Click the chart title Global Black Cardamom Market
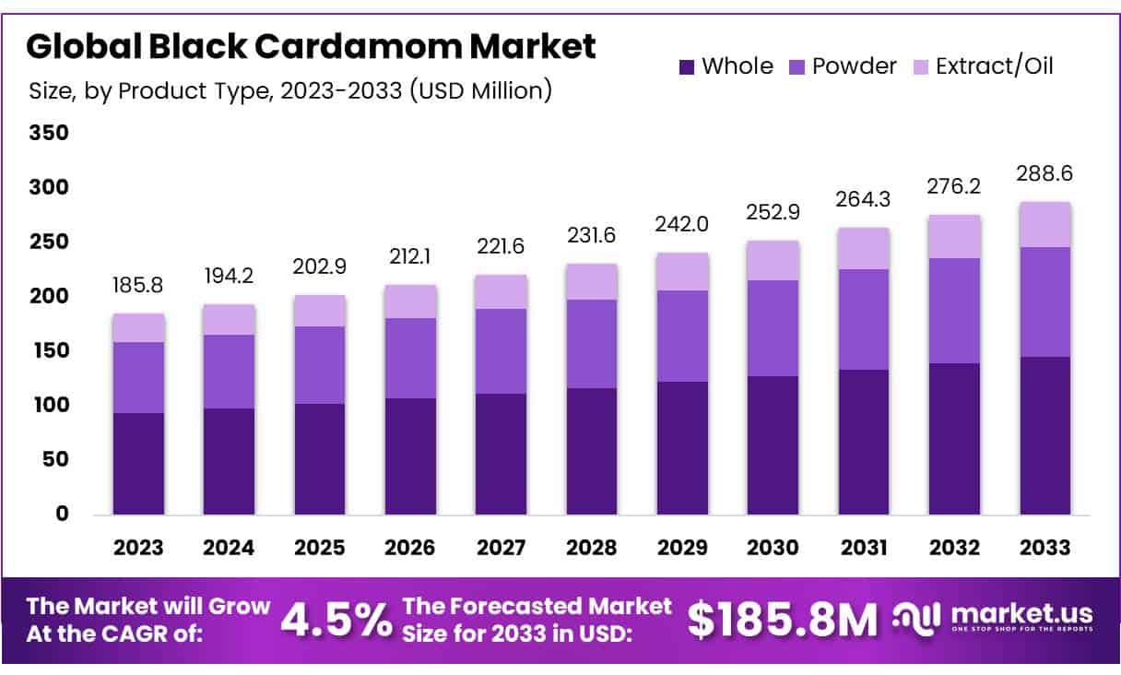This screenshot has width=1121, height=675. [311, 45]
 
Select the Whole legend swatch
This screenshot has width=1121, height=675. [686, 67]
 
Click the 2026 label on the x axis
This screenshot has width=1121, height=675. [410, 548]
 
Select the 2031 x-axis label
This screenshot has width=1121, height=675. [863, 548]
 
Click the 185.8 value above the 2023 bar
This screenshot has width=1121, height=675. [138, 285]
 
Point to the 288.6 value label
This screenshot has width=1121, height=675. [1044, 173]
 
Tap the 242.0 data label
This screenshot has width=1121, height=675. [682, 224]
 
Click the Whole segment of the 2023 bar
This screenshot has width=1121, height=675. [138, 463]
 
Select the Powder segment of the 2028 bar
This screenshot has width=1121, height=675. [592, 343]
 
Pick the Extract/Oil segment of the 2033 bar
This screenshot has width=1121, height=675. [1044, 224]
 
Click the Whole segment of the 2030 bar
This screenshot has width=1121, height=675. [773, 444]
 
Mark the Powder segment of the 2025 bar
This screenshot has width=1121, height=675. [319, 364]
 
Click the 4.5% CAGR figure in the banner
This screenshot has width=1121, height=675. [336, 621]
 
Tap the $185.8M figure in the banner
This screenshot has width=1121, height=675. [783, 621]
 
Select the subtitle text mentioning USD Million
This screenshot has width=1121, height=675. [290, 90]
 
